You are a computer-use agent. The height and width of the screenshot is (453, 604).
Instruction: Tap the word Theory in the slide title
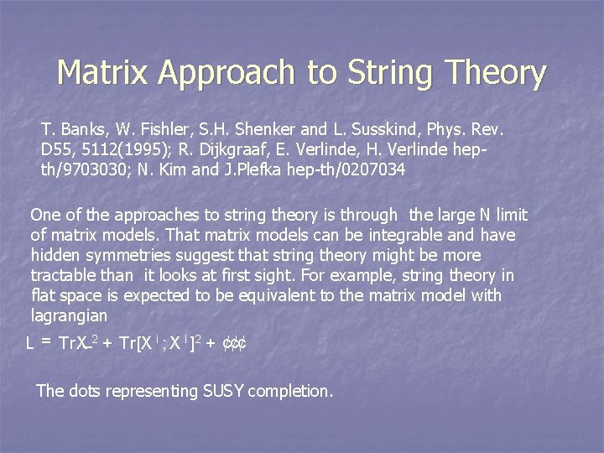[x=496, y=73]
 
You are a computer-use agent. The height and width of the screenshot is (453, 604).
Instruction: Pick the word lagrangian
[x=69, y=315]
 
